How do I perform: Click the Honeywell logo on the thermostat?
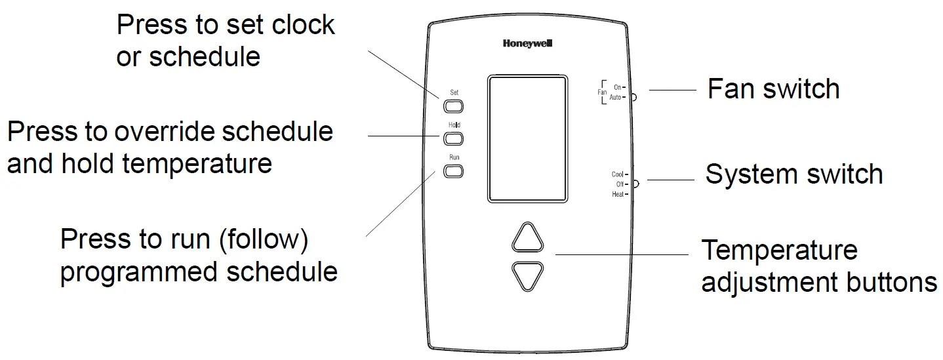(x=528, y=44)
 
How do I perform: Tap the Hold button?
(x=454, y=138)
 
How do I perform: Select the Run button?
(x=454, y=171)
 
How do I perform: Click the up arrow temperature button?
(x=528, y=239)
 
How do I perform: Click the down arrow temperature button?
(x=528, y=275)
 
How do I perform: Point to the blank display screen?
(x=527, y=138)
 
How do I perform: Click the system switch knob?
(x=635, y=184)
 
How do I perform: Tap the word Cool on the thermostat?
(x=617, y=174)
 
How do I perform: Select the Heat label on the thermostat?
(x=617, y=195)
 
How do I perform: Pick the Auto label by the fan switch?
(x=614, y=97)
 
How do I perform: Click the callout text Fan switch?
(x=773, y=89)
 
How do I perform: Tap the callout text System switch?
(x=793, y=174)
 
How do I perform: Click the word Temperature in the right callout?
(x=779, y=250)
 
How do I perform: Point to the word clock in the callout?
(x=301, y=25)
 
